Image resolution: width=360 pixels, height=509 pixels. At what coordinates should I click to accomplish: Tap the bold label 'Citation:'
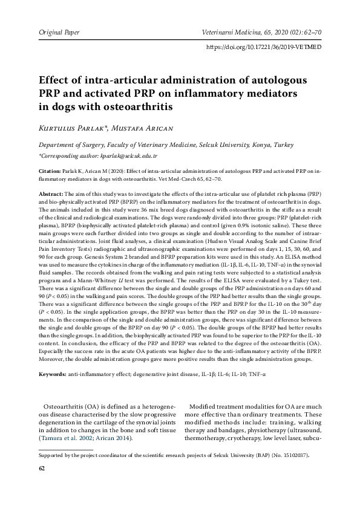(x=50, y=171)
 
